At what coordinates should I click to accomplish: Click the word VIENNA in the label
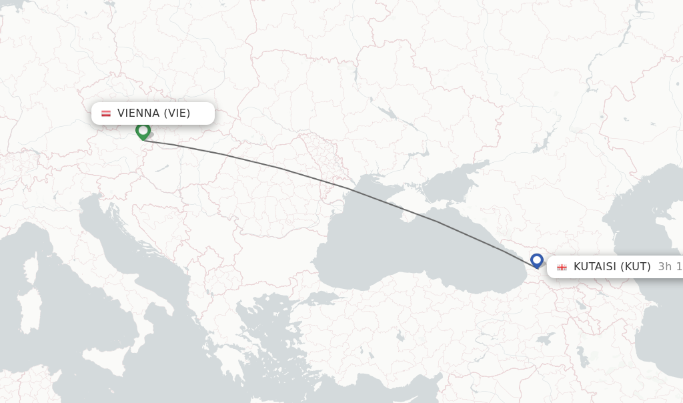138,113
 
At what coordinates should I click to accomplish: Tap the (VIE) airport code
177,113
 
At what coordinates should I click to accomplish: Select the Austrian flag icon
106,113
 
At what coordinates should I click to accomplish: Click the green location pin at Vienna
143,130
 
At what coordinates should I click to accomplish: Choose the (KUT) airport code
636,267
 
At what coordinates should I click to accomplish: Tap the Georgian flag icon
562,267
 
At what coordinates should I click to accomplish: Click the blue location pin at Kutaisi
537,260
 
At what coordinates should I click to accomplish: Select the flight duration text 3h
665,267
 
